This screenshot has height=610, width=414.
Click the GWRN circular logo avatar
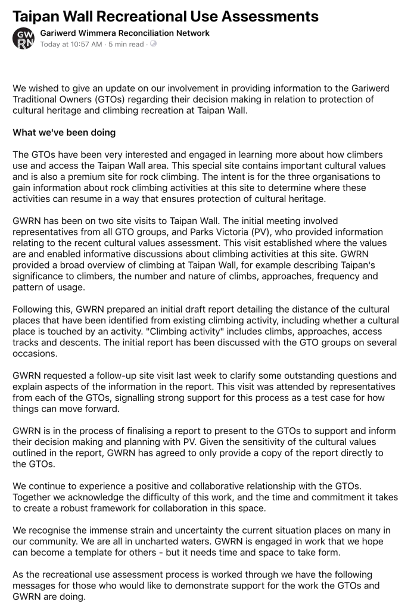pos(23,39)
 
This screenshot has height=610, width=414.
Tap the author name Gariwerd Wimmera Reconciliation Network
pos(124,33)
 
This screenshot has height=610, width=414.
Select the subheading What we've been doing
pos(64,132)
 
